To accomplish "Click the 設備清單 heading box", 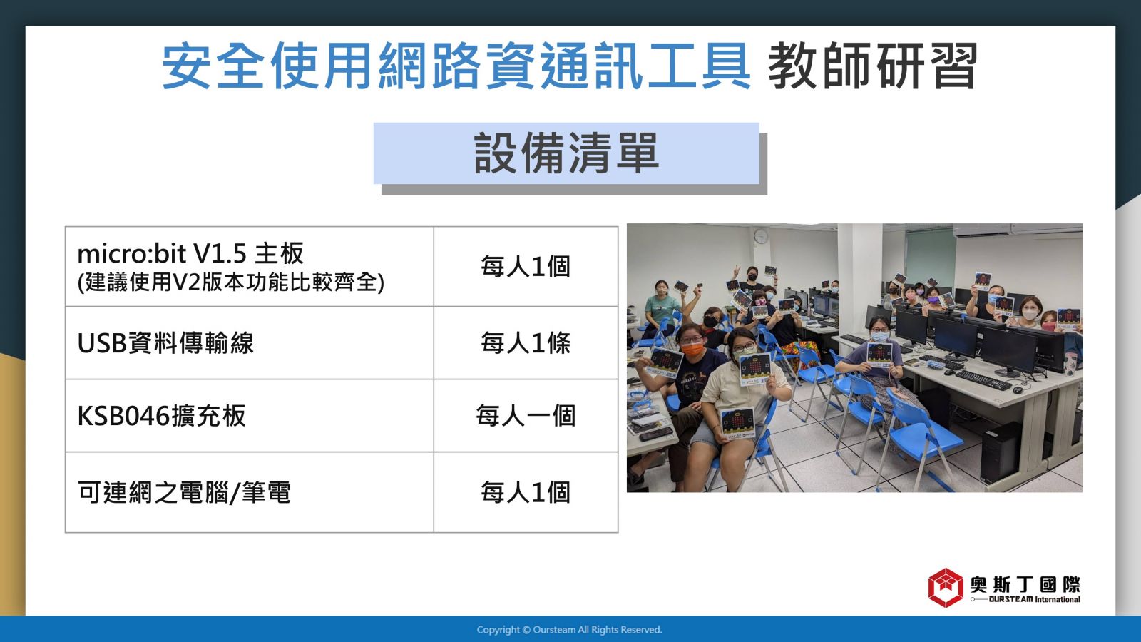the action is point(566,153).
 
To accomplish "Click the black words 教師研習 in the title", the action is point(873,66).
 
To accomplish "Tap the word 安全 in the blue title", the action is point(214,66).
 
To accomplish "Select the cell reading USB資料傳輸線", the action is point(250,343).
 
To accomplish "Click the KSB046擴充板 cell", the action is point(250,416).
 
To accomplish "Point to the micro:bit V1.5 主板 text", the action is point(190,254).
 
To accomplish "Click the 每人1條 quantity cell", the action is point(526,343).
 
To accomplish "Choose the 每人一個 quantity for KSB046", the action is point(526,416).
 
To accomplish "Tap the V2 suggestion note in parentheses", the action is point(231,282).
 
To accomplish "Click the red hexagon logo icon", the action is point(946,588).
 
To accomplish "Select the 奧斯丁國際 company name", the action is point(1025,584).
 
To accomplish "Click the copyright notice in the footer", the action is point(570,630).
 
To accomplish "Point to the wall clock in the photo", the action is point(760,236).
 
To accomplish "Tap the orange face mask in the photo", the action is point(692,350).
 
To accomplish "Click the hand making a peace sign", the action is point(736,271).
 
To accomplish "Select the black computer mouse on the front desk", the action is point(1018,391).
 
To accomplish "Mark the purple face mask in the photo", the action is point(933,300).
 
